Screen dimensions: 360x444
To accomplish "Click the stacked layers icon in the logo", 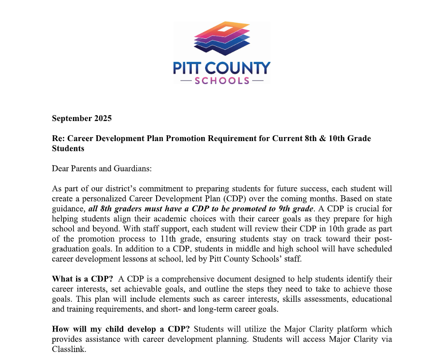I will pos(221,39).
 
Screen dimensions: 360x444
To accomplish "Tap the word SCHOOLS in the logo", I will pos(222,81).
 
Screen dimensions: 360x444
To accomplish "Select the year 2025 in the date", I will pos(103,118).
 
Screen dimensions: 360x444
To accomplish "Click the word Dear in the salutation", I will pos(61,168).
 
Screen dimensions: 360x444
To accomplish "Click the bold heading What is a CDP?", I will pos(82,279).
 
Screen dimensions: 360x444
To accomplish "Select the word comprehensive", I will pos(169,279).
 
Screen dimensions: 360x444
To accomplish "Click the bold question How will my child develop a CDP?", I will pos(121,329).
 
